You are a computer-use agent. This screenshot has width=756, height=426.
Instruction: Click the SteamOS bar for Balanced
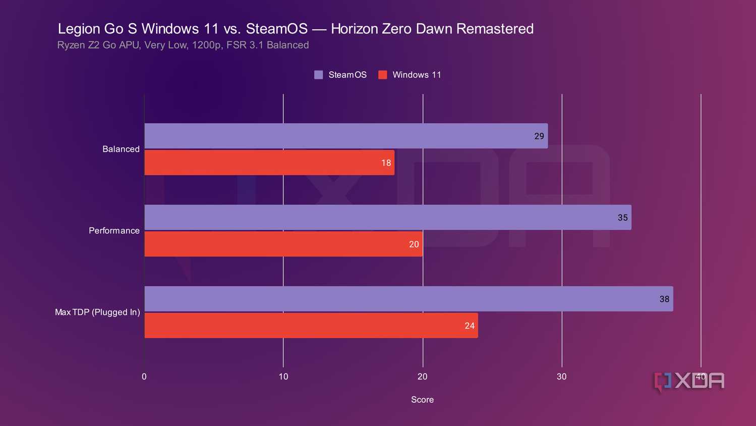(x=346, y=136)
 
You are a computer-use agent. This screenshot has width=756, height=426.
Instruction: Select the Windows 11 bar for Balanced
(x=269, y=163)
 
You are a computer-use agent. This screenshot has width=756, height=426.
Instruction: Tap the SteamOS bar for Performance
(x=388, y=218)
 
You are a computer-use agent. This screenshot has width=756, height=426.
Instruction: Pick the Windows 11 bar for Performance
(x=283, y=244)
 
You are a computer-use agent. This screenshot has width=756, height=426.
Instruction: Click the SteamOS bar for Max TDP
(x=409, y=299)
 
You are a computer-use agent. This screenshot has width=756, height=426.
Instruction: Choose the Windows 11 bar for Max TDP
(x=311, y=326)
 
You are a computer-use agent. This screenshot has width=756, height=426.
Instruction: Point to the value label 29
(x=539, y=136)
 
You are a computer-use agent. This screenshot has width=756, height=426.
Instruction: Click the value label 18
(x=386, y=163)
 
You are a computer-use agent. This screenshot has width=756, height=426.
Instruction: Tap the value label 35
(x=623, y=218)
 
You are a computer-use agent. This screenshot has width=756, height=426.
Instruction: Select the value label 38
(x=664, y=299)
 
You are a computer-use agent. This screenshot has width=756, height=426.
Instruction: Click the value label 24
(x=470, y=326)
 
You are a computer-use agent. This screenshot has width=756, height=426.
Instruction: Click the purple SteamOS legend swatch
(x=318, y=75)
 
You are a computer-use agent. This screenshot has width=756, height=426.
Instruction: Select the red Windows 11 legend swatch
(x=383, y=75)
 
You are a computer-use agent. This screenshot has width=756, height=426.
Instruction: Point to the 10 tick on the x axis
(x=283, y=377)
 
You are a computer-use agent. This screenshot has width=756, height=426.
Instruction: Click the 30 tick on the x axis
(x=561, y=377)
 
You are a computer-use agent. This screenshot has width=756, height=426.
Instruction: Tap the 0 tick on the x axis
(x=144, y=377)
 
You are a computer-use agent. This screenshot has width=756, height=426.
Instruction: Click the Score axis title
(x=422, y=400)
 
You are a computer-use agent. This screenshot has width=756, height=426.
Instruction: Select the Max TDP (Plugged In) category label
(x=97, y=312)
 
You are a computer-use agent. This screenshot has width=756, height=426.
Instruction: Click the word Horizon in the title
(x=354, y=29)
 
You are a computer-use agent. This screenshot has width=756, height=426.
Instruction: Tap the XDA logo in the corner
(x=689, y=382)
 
